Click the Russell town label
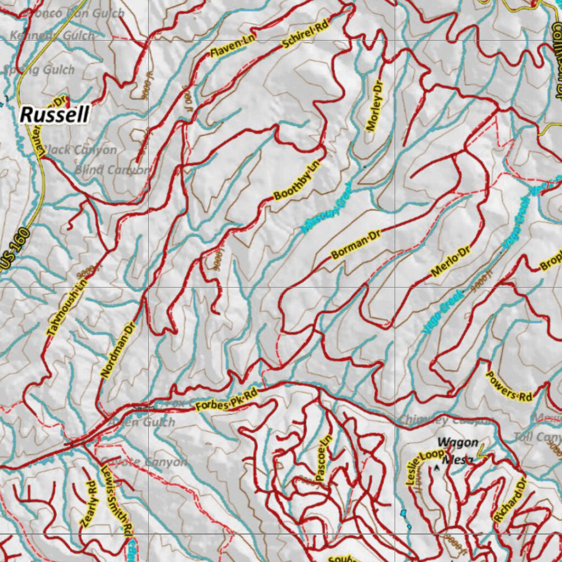click(54, 115)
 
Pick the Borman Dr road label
click(356, 245)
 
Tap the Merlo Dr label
click(451, 262)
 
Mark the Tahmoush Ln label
click(64, 305)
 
